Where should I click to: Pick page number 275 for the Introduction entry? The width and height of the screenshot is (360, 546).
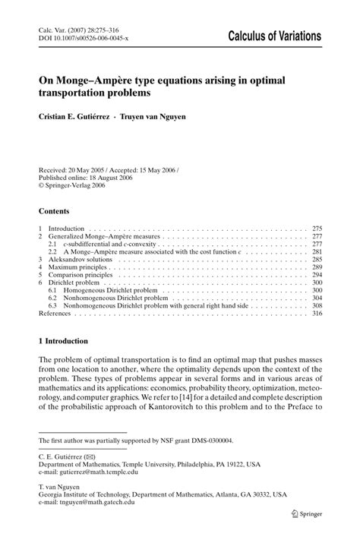(317, 228)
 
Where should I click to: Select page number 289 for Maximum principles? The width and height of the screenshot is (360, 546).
(317, 267)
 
